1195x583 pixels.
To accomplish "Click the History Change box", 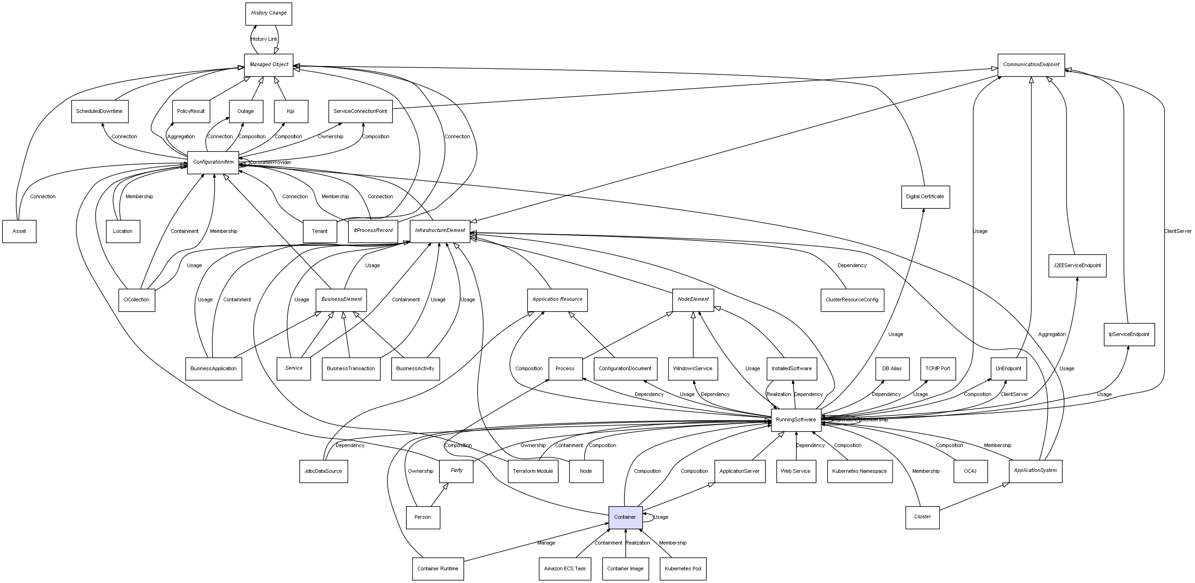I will point(269,14).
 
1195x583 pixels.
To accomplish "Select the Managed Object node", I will point(269,65).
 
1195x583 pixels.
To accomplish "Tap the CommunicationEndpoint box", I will point(1031,65).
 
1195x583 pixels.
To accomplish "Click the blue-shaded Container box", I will point(625,517).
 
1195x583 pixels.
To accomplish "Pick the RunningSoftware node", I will point(796,420).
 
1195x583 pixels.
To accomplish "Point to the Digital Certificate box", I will point(925,197).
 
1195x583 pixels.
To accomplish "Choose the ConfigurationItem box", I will point(213,162).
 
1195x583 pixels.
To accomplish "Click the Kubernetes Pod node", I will point(683,568).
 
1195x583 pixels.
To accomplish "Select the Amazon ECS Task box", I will point(564,568).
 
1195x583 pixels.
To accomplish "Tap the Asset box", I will point(19,232).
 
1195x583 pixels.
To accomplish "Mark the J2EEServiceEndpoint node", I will point(1077,266).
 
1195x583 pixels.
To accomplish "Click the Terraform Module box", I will point(533,471).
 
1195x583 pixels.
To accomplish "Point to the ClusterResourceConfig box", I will point(852,300).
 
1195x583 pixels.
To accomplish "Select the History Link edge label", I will point(264,39).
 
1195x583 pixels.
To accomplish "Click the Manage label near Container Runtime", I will point(546,543).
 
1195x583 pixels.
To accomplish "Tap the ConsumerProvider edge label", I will point(271,163).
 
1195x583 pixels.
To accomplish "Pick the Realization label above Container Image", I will point(638,543).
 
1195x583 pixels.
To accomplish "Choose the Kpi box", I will point(291,112).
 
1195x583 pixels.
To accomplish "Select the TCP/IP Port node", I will point(938,368).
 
